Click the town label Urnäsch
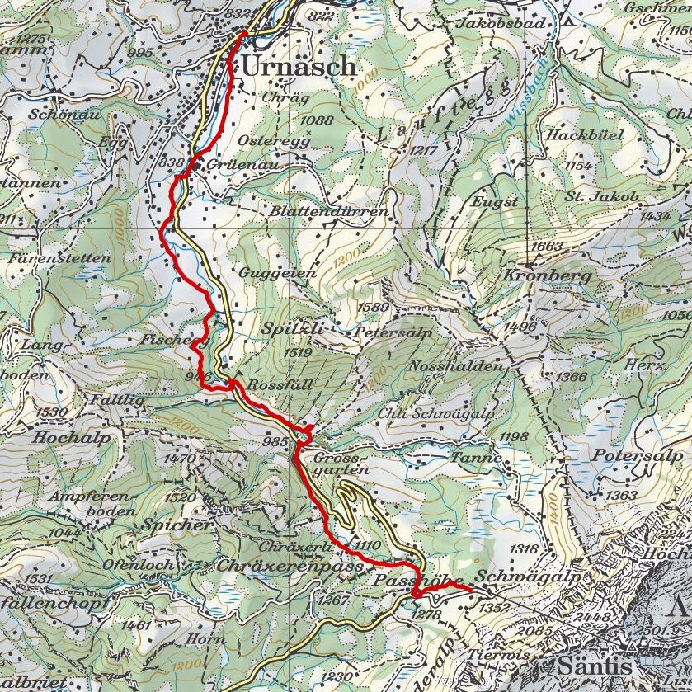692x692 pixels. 299,66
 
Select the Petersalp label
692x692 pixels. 387,333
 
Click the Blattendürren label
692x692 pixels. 328,212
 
